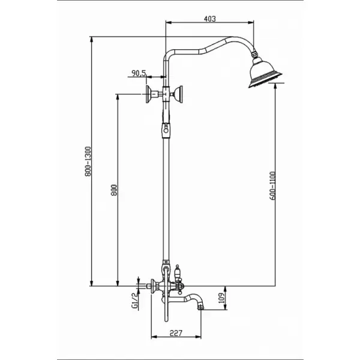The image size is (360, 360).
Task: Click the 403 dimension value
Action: [210, 19]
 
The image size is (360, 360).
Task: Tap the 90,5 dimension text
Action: [139, 73]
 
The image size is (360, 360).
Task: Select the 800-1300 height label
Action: [88, 161]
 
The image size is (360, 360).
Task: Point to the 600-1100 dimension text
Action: [272, 186]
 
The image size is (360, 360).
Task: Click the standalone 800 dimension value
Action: [113, 190]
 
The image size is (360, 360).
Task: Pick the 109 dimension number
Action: [221, 298]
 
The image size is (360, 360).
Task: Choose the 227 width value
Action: [176, 333]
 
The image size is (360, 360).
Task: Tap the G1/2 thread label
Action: [134, 300]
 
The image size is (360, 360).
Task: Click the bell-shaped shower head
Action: [265, 73]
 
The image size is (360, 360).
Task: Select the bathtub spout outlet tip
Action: [202, 306]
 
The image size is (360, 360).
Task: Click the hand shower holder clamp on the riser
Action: [166, 130]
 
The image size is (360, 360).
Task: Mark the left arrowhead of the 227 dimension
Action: [154, 337]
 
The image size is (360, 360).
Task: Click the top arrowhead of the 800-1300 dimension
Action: [92, 40]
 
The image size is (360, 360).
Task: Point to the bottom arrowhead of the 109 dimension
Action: [226, 307]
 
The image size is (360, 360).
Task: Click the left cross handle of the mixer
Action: [152, 286]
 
